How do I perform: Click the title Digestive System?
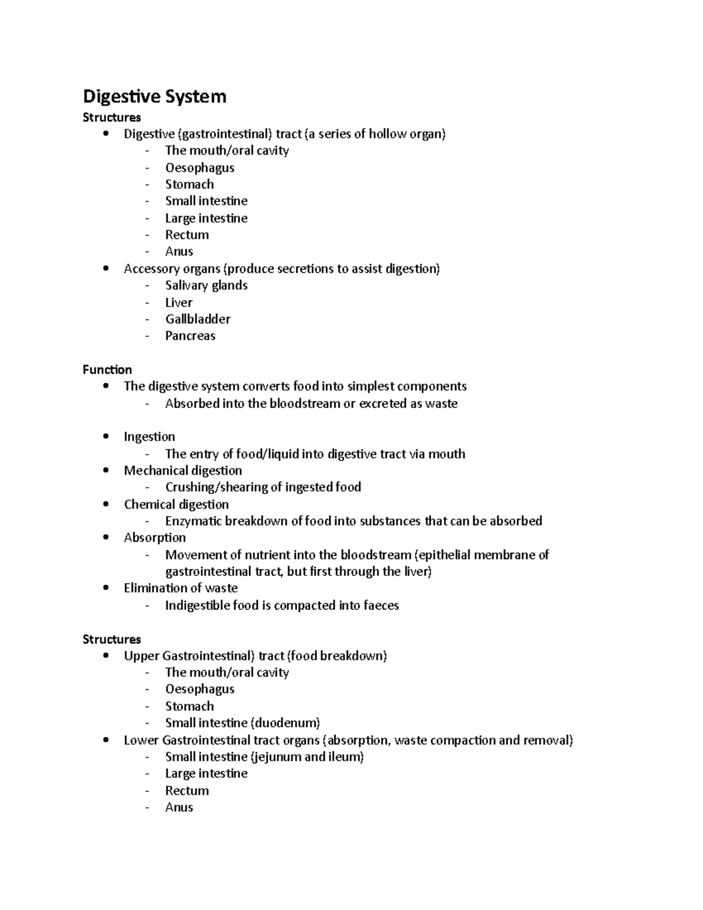point(154,96)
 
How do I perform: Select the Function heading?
point(107,370)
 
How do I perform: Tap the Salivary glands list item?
point(206,285)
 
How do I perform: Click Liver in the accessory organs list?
point(179,302)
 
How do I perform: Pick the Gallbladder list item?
point(197,319)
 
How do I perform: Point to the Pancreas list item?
point(190,336)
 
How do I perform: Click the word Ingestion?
point(149,437)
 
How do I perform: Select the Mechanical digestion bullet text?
point(183,471)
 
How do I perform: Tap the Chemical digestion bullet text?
point(176,505)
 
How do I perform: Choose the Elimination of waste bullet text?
point(180,588)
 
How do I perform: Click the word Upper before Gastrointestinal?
point(141,656)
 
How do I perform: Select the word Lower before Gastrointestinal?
point(141,740)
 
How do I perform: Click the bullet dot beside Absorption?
point(105,537)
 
